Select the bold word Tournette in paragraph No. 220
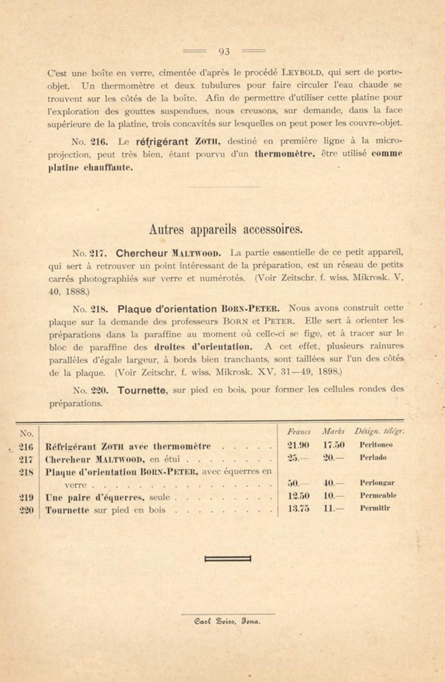(x=142, y=390)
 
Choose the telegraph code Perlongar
(x=377, y=483)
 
